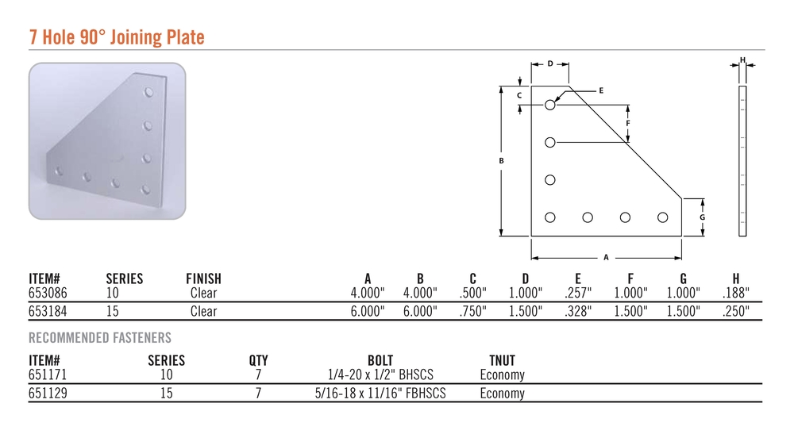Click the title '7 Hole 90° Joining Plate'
[117, 37]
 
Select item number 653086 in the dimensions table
[48, 293]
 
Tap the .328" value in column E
[578, 311]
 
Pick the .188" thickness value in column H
[736, 293]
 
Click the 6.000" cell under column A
[368, 311]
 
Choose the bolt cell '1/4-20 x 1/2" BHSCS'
[381, 374]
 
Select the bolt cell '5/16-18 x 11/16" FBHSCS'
[380, 393]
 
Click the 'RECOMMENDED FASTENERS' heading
[100, 337]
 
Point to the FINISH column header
[203, 278]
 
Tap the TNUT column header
[502, 361]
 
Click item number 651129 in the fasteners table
[48, 393]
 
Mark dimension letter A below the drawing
[606, 258]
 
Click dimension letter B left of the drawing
[501, 161]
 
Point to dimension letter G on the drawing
[703, 217]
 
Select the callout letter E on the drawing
[601, 90]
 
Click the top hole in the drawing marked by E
[550, 105]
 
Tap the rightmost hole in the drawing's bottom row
[663, 217]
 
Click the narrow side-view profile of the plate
[742, 161]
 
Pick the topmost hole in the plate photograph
[148, 92]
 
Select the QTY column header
[258, 361]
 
